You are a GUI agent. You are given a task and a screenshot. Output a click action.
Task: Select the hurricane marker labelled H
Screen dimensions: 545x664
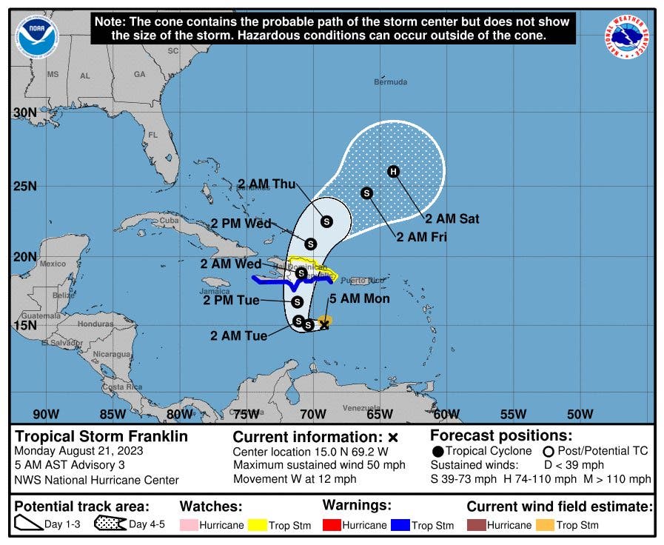[394, 172]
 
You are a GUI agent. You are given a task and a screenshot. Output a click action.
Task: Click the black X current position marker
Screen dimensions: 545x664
[323, 324]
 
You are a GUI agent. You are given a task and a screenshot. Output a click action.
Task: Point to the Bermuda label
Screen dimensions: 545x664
[390, 82]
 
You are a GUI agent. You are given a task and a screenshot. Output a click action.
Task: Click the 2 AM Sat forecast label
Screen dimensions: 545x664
[452, 218]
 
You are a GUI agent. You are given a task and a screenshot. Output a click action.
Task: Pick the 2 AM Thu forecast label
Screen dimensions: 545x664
[266, 184]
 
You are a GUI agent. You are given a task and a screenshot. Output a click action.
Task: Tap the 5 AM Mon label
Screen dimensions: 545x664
[359, 299]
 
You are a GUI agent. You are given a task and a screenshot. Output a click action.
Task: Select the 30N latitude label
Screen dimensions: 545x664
[25, 113]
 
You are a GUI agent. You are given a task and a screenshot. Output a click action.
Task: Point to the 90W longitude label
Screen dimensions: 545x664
[45, 414]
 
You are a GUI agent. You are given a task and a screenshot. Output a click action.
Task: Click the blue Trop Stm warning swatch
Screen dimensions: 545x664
[402, 525]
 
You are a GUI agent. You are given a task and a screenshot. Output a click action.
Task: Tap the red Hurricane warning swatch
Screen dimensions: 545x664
[333, 525]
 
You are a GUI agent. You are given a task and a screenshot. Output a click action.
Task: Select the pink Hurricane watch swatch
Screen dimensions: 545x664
[190, 525]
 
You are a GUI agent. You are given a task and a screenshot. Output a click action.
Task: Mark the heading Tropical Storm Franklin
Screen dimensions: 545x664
[101, 436]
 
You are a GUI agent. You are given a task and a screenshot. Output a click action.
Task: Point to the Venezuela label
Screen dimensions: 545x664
[361, 408]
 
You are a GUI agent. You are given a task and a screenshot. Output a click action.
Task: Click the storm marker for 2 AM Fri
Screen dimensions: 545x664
[366, 193]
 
